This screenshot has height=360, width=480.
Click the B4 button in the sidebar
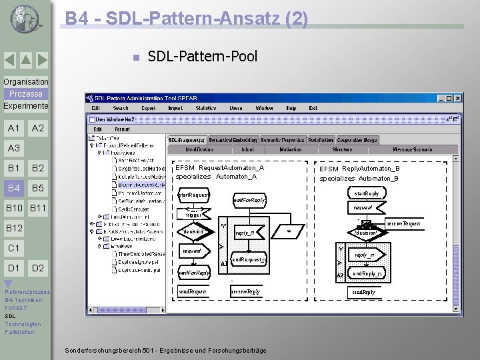(14, 188)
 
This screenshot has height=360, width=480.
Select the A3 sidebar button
(14, 148)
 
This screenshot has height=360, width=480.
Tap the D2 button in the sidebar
(38, 268)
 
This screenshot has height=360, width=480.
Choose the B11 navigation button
(38, 209)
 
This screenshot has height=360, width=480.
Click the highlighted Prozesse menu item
(25, 94)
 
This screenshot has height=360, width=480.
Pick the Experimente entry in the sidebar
(25, 106)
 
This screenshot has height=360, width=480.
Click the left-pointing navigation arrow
(9, 61)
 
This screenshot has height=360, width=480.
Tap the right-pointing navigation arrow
(41, 61)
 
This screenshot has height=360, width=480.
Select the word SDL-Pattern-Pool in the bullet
(202, 56)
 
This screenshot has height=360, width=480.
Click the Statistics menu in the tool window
(205, 107)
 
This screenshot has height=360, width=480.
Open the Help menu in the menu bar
(291, 107)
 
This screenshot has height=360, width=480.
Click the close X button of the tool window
(458, 98)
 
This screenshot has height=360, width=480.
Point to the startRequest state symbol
(193, 195)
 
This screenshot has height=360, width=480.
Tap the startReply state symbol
(366, 193)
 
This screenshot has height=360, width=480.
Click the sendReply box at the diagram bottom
(363, 292)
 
